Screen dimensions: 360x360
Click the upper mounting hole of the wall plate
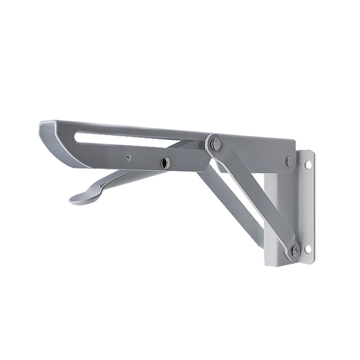pyautogui.click(x=308, y=164)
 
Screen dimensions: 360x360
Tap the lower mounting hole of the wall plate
pyautogui.click(x=308, y=249)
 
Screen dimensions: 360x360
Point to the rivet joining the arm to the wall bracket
pyautogui.click(x=290, y=161)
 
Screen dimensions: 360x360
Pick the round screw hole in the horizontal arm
pyautogui.click(x=165, y=163)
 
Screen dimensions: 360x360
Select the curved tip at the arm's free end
pyautogui.click(x=53, y=141)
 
